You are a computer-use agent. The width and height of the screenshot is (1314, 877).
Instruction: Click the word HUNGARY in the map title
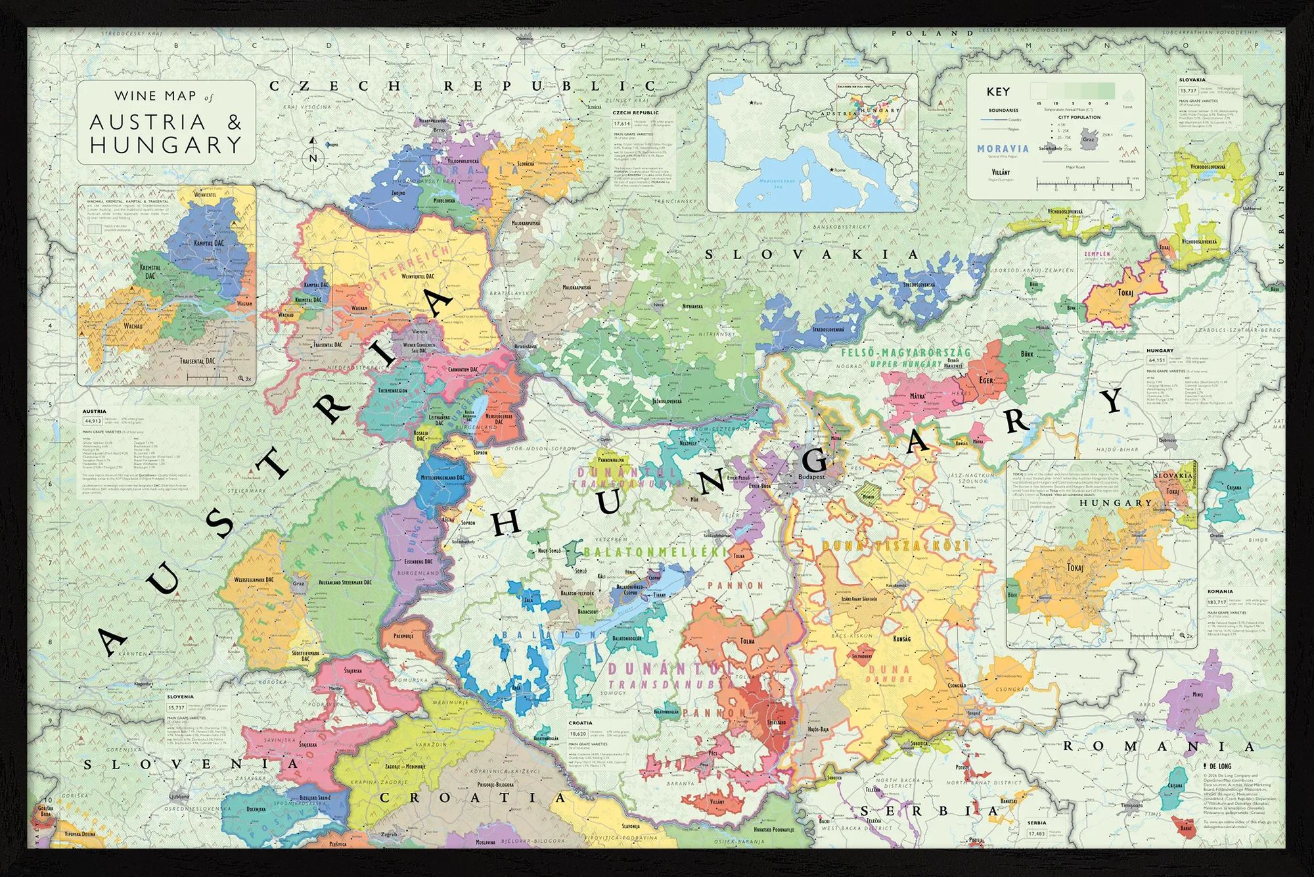coord(166,145)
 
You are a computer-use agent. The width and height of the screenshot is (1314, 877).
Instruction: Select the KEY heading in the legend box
coord(998,92)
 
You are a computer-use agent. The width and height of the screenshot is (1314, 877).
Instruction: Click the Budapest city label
coord(811,477)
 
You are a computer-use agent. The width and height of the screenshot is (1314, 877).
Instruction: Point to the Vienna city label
coord(419,332)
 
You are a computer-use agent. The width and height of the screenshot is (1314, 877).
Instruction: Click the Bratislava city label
coord(526,346)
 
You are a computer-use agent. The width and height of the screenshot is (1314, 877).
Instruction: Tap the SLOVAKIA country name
coord(811,254)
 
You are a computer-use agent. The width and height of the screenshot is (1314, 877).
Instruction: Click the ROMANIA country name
coord(1159,746)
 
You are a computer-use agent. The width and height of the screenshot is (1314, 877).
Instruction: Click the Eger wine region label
coord(986,380)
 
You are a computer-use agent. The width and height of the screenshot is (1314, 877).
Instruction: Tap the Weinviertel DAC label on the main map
coord(418,277)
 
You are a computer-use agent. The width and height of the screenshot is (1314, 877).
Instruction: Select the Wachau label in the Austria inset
coord(133,326)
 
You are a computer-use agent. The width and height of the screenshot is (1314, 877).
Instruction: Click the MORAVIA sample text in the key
coord(1003,149)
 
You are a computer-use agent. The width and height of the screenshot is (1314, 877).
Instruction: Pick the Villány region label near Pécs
coord(717,801)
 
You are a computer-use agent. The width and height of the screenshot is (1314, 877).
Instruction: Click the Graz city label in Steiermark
coord(299,583)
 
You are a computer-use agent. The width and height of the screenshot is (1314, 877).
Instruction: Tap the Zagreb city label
coord(389,834)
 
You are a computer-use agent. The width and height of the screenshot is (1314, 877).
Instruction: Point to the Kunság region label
coord(901,638)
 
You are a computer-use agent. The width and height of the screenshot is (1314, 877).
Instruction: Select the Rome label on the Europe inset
coord(840,170)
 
